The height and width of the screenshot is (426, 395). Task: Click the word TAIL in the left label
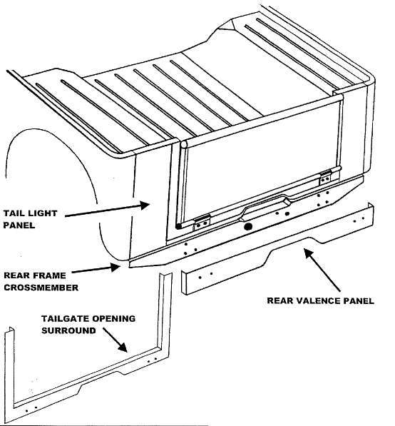coord(16,213)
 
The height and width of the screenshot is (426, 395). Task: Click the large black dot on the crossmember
coord(248,226)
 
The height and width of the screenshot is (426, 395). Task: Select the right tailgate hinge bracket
coord(326,176)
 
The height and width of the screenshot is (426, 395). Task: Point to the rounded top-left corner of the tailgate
coord(184,145)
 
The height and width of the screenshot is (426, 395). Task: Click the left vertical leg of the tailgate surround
coord(9,371)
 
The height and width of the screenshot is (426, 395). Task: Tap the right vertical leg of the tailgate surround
coord(165,314)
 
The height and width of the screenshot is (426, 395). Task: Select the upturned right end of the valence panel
coord(370,212)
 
